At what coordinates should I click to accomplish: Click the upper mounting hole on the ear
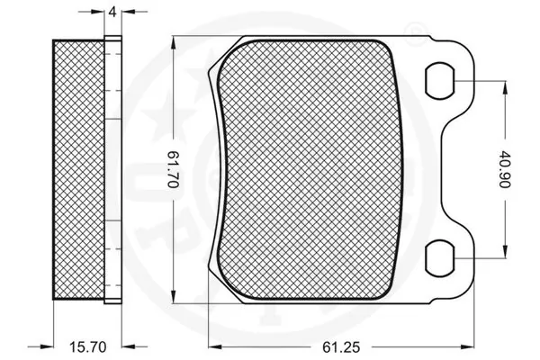click(441, 80)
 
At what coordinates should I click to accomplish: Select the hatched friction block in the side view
click(79, 168)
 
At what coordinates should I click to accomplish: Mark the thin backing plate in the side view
click(112, 168)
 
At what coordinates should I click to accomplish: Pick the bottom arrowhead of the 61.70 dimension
click(174, 301)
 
